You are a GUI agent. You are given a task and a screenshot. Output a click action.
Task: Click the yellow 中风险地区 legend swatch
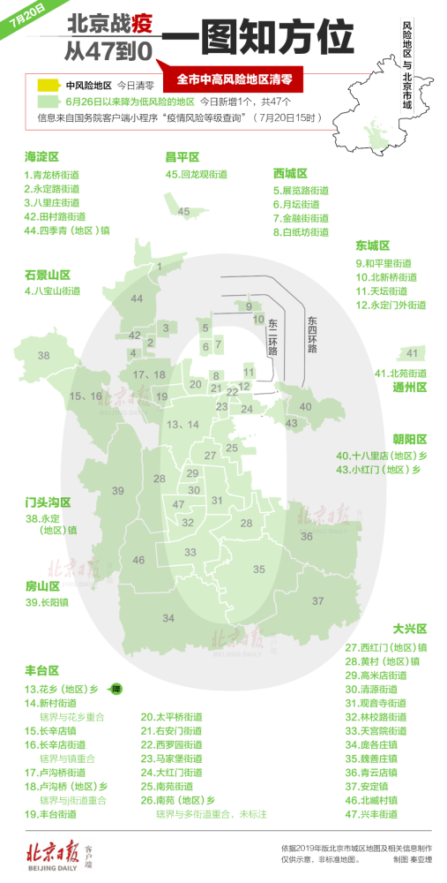pyautogui.click(x=47, y=86)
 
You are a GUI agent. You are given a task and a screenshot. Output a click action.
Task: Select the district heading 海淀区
pyautogui.click(x=42, y=156)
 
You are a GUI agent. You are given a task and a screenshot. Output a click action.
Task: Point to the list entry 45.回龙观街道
pyautogui.click(x=197, y=174)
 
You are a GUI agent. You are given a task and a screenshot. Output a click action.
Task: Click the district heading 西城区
pyautogui.click(x=290, y=173)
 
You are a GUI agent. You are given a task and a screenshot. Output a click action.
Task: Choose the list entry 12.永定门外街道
pyautogui.click(x=391, y=305)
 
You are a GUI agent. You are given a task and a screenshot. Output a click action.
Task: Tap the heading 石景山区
pyautogui.click(x=48, y=275)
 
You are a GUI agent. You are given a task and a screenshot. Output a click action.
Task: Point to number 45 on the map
pyautogui.click(x=183, y=212)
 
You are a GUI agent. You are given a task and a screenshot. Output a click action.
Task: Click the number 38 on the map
pyautogui.click(x=44, y=355)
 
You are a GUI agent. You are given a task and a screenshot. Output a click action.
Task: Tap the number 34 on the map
pyautogui.click(x=168, y=617)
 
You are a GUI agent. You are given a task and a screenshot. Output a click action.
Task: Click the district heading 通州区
pyautogui.click(x=409, y=387)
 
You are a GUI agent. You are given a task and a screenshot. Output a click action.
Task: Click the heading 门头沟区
pyautogui.click(x=48, y=502)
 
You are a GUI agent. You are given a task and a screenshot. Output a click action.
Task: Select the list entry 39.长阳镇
pyautogui.click(x=47, y=603)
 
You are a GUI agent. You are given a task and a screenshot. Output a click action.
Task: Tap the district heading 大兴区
pyautogui.click(x=410, y=629)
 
